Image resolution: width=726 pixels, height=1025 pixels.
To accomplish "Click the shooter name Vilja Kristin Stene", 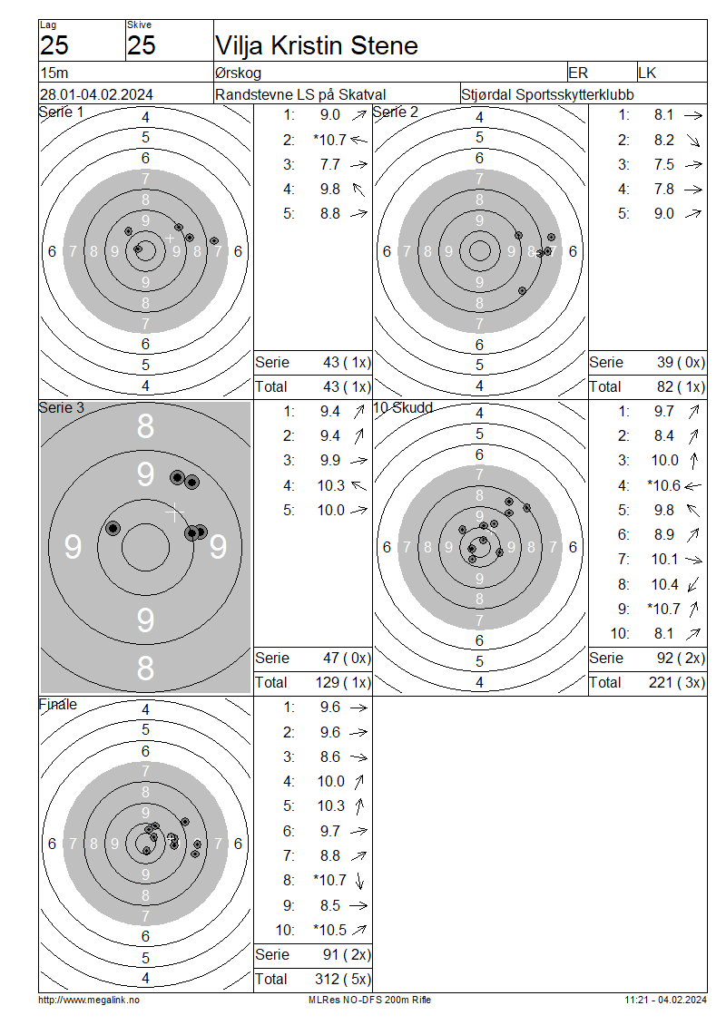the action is pyautogui.click(x=317, y=45).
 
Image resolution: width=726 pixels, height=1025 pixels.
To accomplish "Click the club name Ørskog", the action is pyautogui.click(x=238, y=73).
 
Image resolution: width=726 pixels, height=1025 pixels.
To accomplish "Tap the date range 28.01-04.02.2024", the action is pyautogui.click(x=96, y=94).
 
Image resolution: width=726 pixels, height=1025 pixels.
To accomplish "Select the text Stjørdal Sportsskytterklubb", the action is pyautogui.click(x=547, y=94).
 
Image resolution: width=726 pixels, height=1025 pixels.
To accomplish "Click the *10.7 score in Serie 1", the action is pyautogui.click(x=329, y=140).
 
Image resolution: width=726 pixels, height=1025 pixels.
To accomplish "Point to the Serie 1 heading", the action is pyautogui.click(x=62, y=112).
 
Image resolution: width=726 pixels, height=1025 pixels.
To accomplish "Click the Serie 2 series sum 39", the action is pyautogui.click(x=665, y=362).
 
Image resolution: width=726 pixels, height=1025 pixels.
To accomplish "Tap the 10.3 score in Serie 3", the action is pyautogui.click(x=331, y=485).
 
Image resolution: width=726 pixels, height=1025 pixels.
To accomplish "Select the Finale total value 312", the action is pyautogui.click(x=327, y=979).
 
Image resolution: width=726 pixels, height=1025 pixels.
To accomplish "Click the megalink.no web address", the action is pyautogui.click(x=89, y=1001).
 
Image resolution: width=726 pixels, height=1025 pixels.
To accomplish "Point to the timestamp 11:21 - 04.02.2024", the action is pyautogui.click(x=665, y=1001).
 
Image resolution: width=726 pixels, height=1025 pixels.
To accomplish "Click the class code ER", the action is pyautogui.click(x=578, y=73).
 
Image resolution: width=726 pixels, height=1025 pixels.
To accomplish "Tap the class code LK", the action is pyautogui.click(x=647, y=73).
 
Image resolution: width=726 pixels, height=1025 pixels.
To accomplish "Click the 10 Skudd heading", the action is pyautogui.click(x=403, y=408).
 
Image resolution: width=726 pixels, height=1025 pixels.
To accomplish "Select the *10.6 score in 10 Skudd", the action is pyautogui.click(x=664, y=485).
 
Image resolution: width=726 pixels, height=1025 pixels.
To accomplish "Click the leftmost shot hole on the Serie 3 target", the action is pyautogui.click(x=113, y=528).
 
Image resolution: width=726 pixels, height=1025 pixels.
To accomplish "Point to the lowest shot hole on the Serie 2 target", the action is pyautogui.click(x=522, y=290).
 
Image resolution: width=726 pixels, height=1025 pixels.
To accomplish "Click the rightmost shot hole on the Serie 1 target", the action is pyautogui.click(x=214, y=240).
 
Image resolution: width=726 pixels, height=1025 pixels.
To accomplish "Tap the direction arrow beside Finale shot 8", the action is pyautogui.click(x=359, y=881).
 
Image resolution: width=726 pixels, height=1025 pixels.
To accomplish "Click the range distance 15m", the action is pyautogui.click(x=54, y=73).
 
